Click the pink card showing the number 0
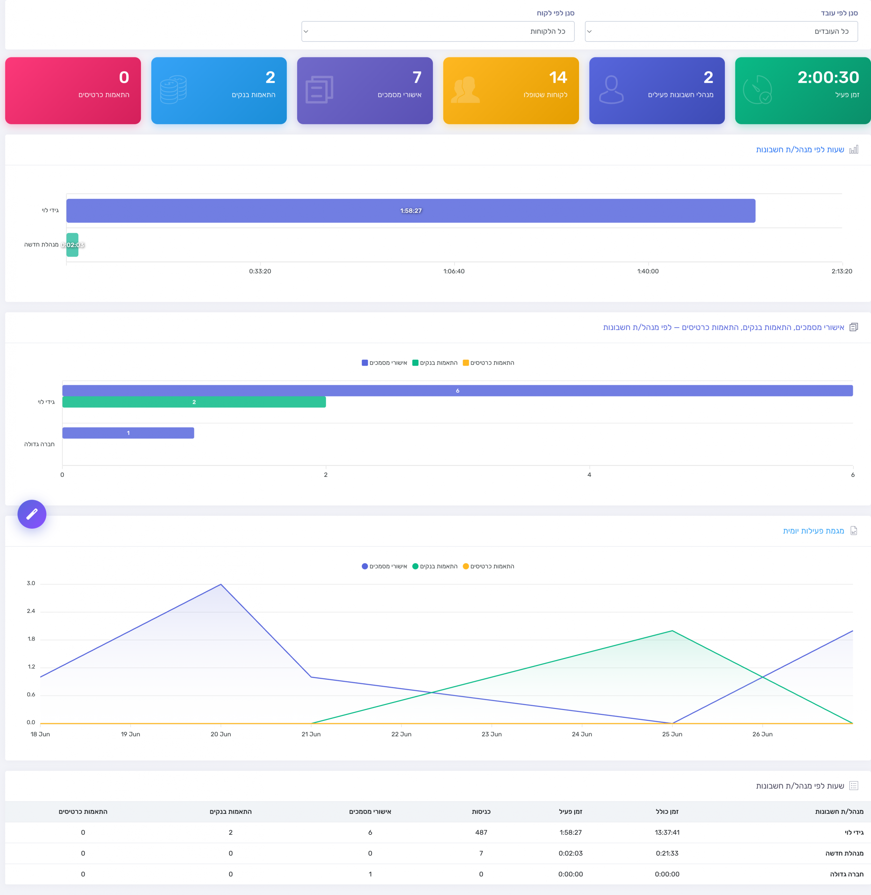[x=73, y=91]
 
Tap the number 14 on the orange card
[x=558, y=77]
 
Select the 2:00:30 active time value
[x=828, y=77]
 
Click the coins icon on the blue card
[x=173, y=89]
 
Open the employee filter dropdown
[x=721, y=31]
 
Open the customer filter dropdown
[x=438, y=31]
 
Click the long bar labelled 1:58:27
[x=411, y=211]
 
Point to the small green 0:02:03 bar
[x=72, y=245]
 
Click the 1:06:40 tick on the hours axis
[x=454, y=271]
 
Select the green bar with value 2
[x=194, y=402]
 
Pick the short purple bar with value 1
[x=128, y=432]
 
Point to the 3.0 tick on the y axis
[x=31, y=583]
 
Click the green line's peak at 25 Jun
[x=672, y=631]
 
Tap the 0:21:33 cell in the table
[x=667, y=853]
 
